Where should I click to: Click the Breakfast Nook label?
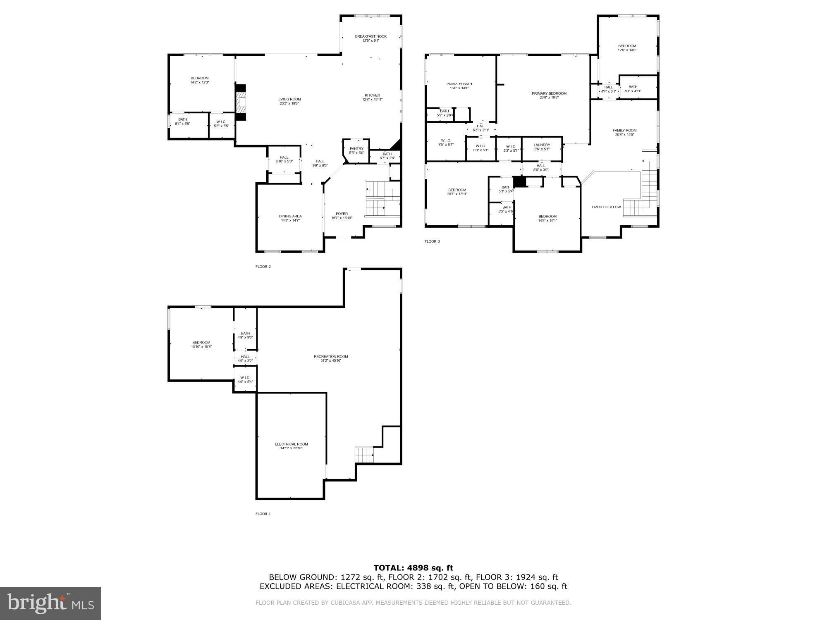click(370, 36)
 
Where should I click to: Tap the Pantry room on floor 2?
click(356, 151)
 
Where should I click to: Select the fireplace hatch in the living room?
click(241, 103)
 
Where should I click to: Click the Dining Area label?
click(290, 216)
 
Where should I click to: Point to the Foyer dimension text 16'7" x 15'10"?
click(342, 218)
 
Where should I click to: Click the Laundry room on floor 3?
click(542, 147)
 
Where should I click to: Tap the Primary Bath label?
click(459, 84)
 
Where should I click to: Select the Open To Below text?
click(606, 207)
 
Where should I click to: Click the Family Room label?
click(624, 131)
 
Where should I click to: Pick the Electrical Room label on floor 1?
click(291, 444)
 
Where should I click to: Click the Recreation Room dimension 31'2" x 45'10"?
click(331, 361)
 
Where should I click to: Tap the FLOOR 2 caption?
click(263, 267)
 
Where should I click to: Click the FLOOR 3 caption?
click(432, 241)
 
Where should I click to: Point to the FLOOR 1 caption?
click(263, 514)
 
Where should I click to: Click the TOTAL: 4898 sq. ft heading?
click(413, 568)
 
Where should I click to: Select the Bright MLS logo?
click(50, 603)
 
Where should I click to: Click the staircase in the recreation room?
click(364, 455)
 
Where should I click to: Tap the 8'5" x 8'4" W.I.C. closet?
click(446, 142)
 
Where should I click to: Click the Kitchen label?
click(372, 95)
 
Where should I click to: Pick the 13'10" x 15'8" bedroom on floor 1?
click(201, 344)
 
